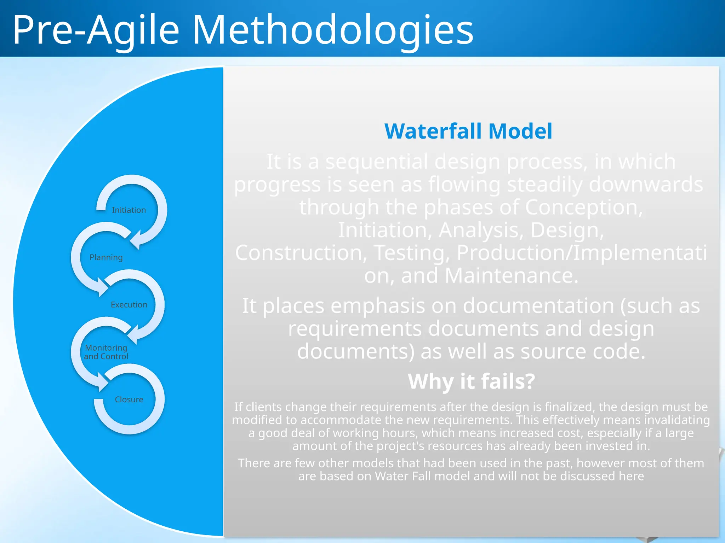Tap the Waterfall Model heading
468,131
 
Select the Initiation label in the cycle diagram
129,210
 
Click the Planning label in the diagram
106,257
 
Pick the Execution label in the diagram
129,305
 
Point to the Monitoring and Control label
106,352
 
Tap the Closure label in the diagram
129,399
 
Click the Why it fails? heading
471,381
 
